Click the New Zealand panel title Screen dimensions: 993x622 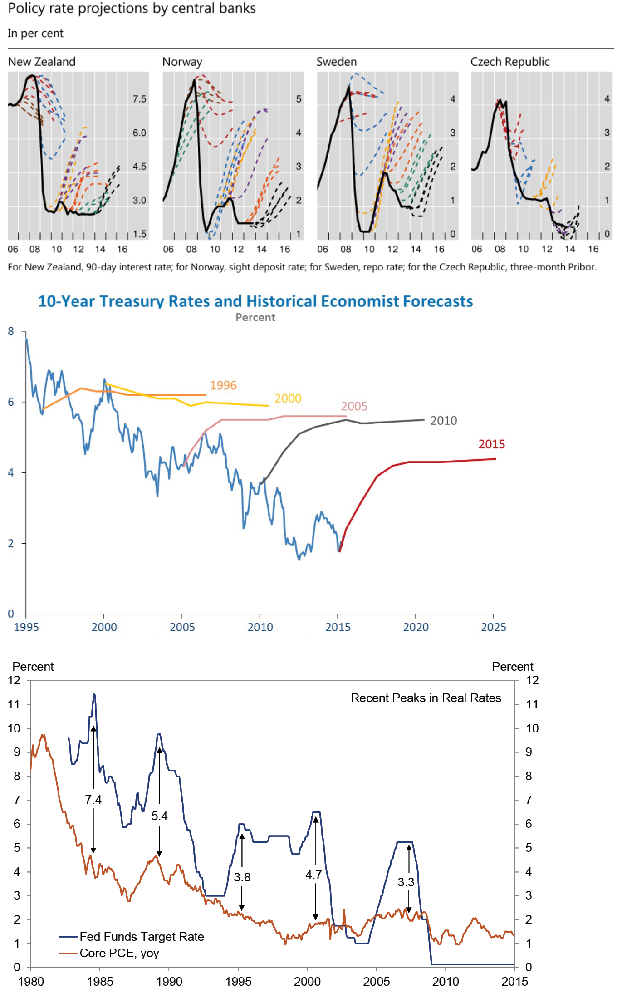click(42, 62)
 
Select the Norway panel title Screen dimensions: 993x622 click(182, 62)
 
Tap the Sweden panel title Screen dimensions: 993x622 click(336, 62)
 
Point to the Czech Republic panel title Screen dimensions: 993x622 click(509, 62)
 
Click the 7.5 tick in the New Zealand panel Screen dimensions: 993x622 click(139, 99)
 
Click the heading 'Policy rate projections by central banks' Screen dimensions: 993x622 click(132, 9)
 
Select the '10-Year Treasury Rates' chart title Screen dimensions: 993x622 click(255, 301)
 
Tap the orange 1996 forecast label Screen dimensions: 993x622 click(223, 385)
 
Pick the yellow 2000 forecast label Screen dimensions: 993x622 click(288, 398)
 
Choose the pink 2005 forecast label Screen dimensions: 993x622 click(354, 406)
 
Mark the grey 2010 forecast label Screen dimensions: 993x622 click(443, 421)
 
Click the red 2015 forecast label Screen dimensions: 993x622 click(491, 444)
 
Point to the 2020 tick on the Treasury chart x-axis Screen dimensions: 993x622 click(416, 627)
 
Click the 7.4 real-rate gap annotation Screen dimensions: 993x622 click(93, 800)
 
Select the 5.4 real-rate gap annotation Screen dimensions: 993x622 click(159, 816)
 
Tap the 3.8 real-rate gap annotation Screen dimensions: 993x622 click(242, 877)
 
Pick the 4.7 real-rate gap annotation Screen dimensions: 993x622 click(313, 875)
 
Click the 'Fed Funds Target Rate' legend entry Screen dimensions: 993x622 click(142, 937)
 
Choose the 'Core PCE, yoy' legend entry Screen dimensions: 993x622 click(119, 953)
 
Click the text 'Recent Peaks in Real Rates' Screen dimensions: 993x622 click(426, 698)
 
